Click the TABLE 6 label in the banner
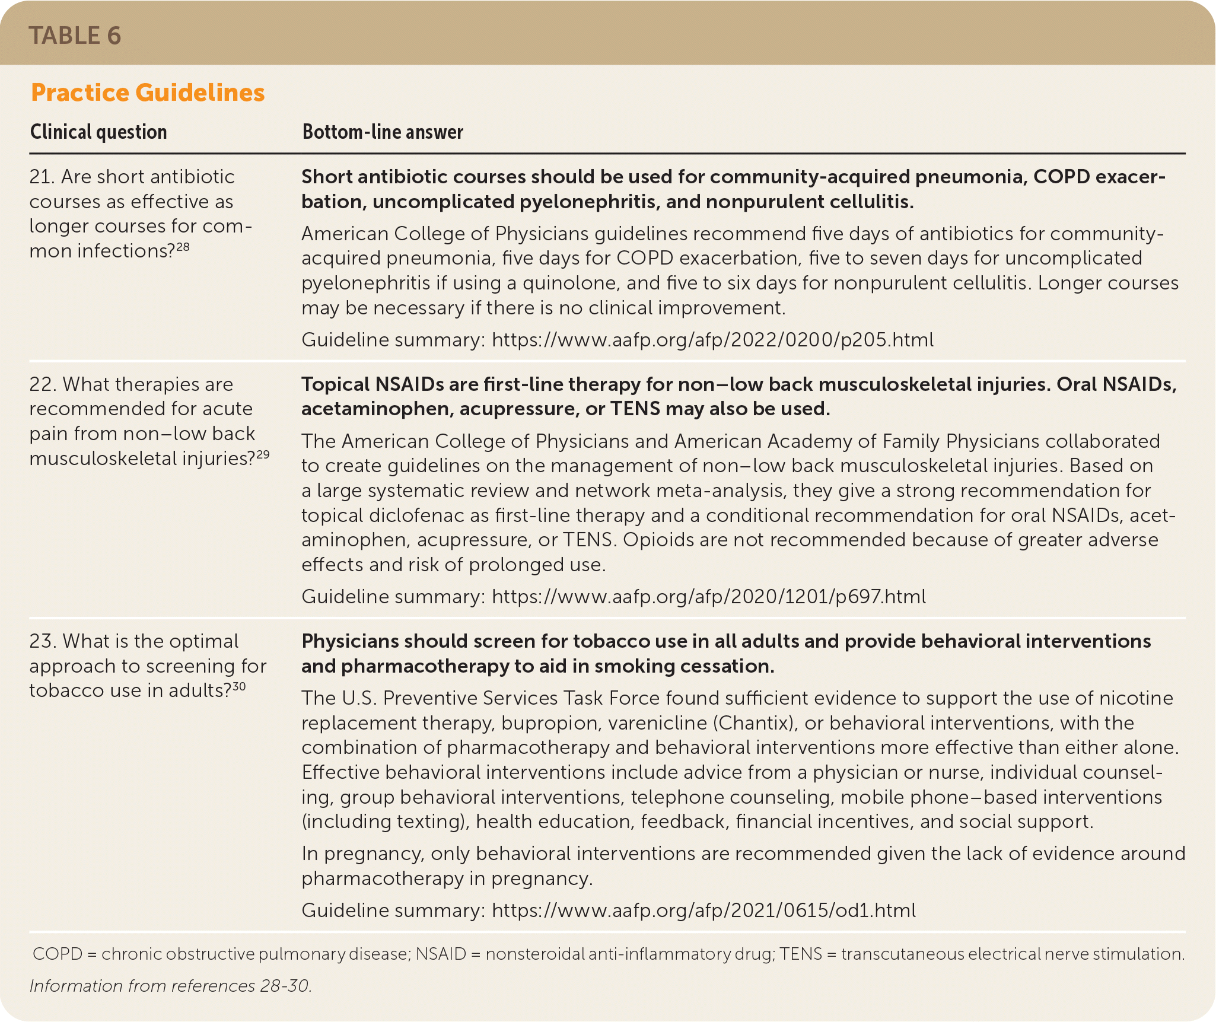[x=75, y=36]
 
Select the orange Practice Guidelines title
[x=148, y=93]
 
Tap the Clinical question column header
[x=98, y=132]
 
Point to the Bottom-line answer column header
[x=383, y=132]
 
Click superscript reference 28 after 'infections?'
[x=183, y=246]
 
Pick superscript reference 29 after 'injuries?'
[x=263, y=454]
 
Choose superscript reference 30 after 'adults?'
[x=239, y=686]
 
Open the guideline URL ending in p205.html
[x=712, y=340]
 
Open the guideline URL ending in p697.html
[x=709, y=597]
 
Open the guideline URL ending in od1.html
[x=704, y=910]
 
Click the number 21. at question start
[x=42, y=177]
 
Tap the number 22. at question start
[x=43, y=384]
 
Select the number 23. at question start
[x=43, y=641]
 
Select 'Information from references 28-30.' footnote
[x=171, y=985]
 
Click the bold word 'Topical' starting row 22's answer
[x=335, y=384]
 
